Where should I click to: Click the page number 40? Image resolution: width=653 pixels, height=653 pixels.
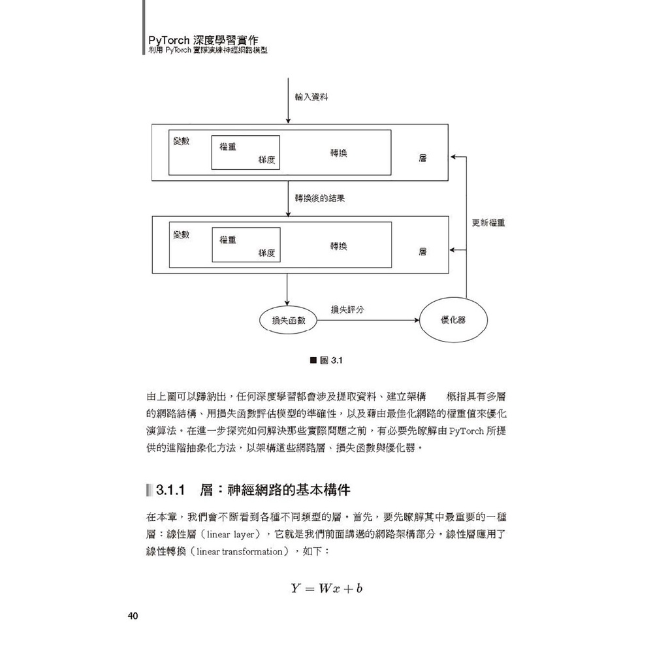133,616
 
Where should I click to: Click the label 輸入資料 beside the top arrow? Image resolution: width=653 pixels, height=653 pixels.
311,97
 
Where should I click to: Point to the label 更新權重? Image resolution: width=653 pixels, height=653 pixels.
488,223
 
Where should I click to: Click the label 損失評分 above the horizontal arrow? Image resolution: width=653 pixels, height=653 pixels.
347,310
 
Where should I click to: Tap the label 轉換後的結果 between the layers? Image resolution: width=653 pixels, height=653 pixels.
320,199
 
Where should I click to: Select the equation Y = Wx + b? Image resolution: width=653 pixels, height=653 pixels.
326,588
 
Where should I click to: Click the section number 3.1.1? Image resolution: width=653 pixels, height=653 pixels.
170,490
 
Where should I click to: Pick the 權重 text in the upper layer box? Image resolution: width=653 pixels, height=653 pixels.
228,146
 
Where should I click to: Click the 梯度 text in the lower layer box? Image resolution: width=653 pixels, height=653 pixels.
266,253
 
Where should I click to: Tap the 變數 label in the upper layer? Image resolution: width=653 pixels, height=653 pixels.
182,141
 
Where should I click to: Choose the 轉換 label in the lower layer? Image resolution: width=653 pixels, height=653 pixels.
338,246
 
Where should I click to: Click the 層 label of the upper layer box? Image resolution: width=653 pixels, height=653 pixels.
422,158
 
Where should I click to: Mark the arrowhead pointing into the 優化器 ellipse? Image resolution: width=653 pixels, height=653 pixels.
417,320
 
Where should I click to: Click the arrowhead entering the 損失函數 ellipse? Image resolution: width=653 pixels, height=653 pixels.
287,303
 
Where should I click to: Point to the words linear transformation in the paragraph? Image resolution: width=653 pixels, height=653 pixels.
240,552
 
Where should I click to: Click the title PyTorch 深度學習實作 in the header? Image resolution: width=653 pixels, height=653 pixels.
203,40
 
